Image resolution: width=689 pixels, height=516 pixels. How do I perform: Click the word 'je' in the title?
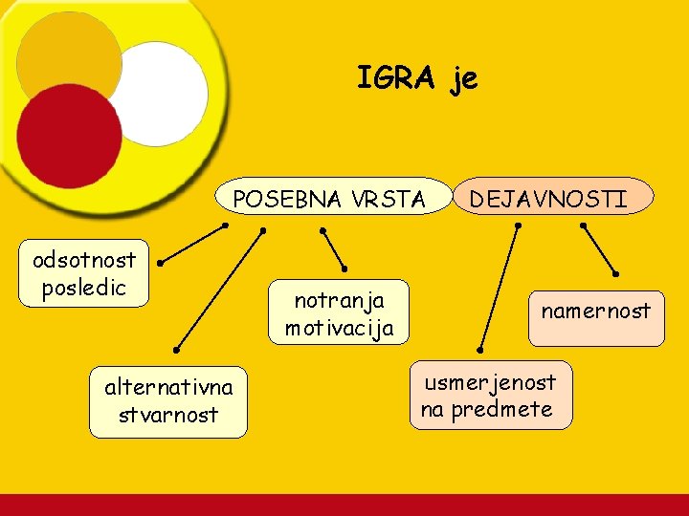[x=463, y=79]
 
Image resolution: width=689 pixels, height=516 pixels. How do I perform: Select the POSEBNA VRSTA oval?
[x=331, y=198]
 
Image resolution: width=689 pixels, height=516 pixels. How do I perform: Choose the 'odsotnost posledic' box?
[x=84, y=273]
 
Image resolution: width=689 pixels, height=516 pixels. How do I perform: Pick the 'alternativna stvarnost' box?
[x=168, y=401]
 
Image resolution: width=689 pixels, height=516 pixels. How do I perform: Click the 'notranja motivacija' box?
[x=339, y=313]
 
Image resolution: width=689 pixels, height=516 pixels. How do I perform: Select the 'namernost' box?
[x=595, y=315]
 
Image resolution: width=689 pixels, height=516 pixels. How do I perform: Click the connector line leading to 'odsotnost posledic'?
[x=192, y=243]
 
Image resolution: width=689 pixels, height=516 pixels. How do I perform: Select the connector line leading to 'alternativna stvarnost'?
[x=220, y=290]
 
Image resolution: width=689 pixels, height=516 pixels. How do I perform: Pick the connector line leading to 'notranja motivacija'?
[x=334, y=248]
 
